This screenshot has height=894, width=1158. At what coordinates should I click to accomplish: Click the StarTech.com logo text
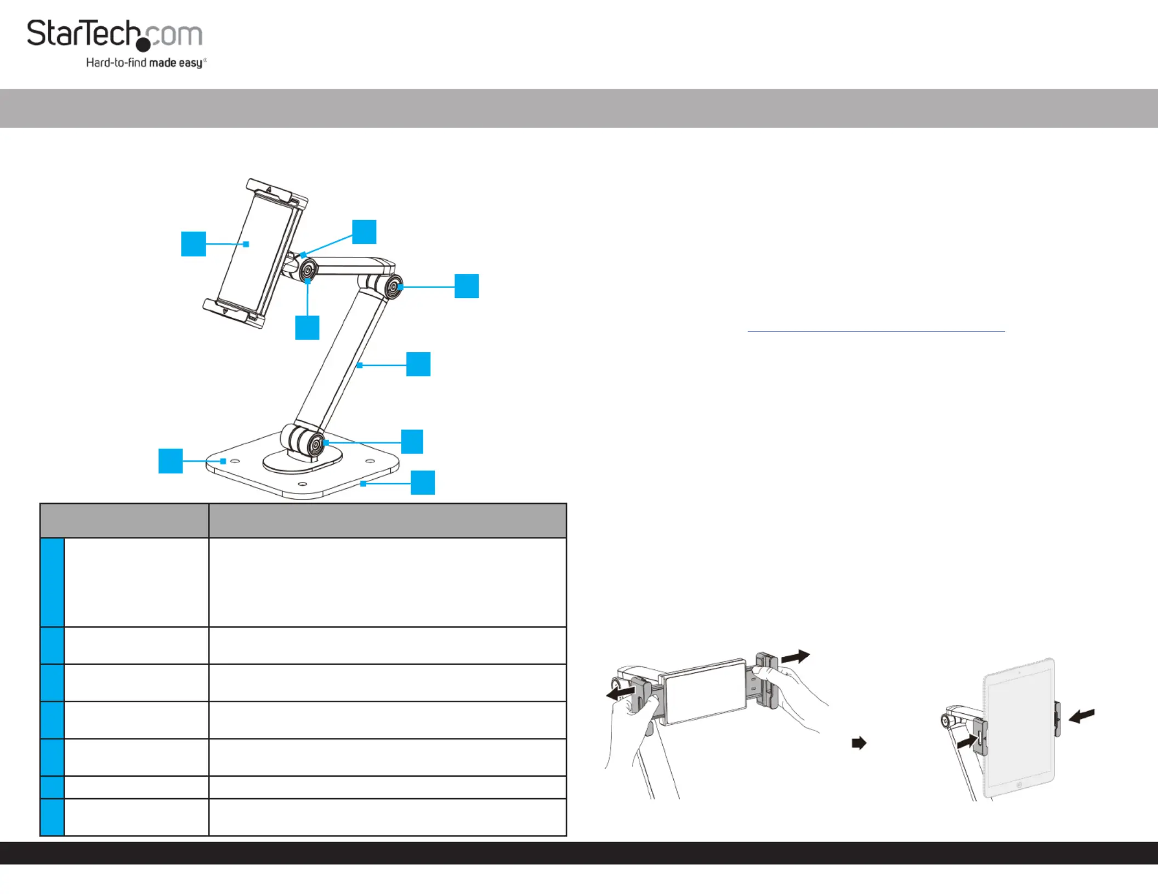(115, 34)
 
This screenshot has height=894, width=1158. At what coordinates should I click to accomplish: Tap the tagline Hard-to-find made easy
(146, 63)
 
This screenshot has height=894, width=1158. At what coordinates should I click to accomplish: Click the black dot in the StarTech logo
(143, 45)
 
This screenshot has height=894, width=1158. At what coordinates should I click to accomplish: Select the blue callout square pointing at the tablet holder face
(194, 244)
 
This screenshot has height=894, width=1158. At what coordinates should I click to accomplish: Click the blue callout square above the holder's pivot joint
(364, 232)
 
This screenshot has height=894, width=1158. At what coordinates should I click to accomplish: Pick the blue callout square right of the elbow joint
(467, 286)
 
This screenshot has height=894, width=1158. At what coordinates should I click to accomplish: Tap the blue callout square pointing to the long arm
(418, 364)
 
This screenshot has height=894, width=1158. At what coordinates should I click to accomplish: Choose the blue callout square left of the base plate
(171, 461)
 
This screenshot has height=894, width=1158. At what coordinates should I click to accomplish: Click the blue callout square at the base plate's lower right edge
(423, 483)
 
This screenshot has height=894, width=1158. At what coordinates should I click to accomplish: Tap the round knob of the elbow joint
(393, 286)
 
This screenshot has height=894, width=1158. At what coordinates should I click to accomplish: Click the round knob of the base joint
(315, 445)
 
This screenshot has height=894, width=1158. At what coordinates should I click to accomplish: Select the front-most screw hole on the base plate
(302, 484)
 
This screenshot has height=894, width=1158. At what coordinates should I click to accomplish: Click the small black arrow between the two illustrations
(859, 743)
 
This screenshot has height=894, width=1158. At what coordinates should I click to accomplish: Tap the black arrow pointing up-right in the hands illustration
(796, 656)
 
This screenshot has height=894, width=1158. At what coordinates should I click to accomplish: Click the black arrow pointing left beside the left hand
(621, 694)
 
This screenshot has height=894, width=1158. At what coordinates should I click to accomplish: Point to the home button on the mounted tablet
(1019, 785)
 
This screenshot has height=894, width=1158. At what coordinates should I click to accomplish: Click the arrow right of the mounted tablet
(1082, 715)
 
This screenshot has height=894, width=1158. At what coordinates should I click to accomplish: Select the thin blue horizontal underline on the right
(876, 331)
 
